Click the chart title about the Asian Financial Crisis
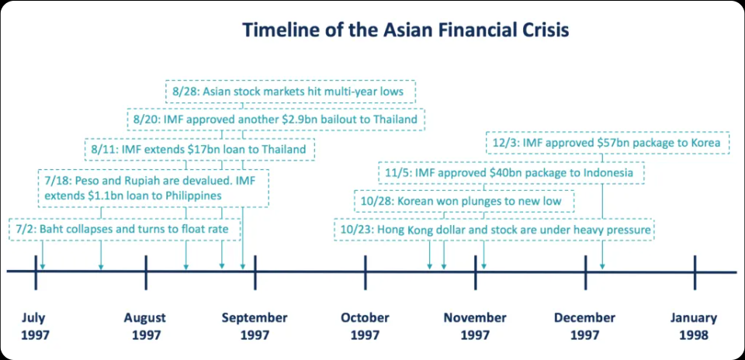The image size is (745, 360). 405,30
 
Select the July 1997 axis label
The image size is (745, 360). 35,327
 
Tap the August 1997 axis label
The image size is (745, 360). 145,327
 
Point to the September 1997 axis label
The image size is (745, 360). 255,327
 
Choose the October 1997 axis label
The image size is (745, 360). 365,327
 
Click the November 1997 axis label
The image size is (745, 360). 475,327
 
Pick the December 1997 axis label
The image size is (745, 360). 585,327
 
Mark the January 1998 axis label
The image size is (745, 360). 694,327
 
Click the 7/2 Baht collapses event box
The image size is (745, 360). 124,230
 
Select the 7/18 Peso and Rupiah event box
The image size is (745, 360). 154,188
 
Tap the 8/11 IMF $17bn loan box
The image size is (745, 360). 199,150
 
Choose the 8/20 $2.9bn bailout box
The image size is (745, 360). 275,119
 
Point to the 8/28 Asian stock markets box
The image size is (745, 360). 290,92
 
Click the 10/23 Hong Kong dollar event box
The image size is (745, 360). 494,230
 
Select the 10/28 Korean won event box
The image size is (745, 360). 464,201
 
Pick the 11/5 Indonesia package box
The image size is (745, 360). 511,173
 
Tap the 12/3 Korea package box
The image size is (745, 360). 608,143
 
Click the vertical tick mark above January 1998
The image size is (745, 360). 695,272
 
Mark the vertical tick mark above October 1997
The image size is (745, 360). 365,272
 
